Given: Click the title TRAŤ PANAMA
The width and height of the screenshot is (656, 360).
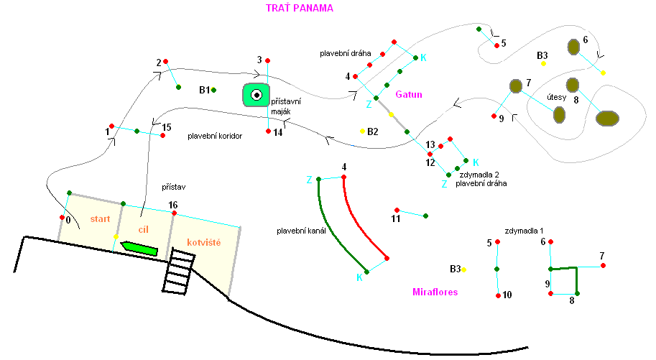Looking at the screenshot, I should coord(299,8).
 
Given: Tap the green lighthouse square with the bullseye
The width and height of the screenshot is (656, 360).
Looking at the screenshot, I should coord(257,94).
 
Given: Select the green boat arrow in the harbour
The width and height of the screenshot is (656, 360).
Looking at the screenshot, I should coord(139,249).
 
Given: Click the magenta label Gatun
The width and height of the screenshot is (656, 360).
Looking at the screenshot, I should coord(409,94).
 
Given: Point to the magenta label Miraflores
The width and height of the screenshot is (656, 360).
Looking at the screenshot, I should coord(435,292).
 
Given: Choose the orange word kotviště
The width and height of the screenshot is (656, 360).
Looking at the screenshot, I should coord(203,243).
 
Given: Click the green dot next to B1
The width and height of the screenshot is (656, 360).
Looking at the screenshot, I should coord(214,90).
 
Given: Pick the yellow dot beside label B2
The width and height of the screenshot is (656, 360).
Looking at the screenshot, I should coord(363,131).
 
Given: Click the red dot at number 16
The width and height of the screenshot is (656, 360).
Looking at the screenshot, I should coord(174,213).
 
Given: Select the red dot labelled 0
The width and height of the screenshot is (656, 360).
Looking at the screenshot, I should coord(61,217).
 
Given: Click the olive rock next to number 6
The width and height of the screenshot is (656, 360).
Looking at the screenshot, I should coord(573,47).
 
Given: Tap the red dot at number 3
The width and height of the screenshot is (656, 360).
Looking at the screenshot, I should coord(267,60).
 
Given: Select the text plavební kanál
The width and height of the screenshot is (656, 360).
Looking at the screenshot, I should coord(302,231).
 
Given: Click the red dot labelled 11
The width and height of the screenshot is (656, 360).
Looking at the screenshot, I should coord(397,211).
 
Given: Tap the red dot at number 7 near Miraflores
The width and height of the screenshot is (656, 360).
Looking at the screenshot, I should coord(603,265).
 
